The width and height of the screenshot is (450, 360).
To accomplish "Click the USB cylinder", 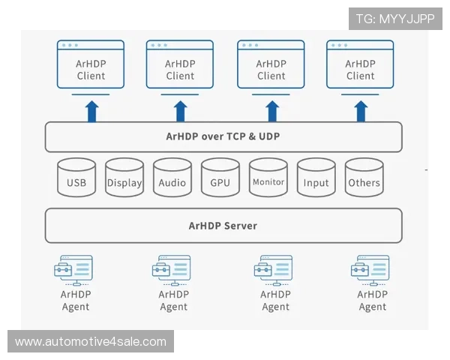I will pyautogui.click(x=76, y=178).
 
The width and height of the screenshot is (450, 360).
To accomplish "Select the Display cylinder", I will pyautogui.click(x=124, y=178).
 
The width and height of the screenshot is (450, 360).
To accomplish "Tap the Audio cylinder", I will pyautogui.click(x=172, y=178).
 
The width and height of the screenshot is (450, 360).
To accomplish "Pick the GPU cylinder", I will pyautogui.click(x=220, y=178).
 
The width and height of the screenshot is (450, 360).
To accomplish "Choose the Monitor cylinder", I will pyautogui.click(x=268, y=178).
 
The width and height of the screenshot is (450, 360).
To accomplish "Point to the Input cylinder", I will pyautogui.click(x=316, y=178).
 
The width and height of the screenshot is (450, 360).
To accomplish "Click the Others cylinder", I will pyautogui.click(x=364, y=178).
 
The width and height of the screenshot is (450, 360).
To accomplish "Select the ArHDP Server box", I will pyautogui.click(x=223, y=226).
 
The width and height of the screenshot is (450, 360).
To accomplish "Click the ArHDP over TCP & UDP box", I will pyautogui.click(x=223, y=137).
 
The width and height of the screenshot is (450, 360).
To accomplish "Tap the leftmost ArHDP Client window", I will pyautogui.click(x=91, y=66).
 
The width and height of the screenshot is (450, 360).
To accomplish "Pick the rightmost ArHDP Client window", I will pyautogui.click(x=360, y=66).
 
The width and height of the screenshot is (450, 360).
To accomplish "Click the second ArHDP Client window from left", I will pyautogui.click(x=180, y=66).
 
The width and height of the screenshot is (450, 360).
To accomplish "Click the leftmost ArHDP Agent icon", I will pyautogui.click(x=75, y=269).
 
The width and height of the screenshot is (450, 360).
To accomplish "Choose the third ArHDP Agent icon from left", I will pyautogui.click(x=274, y=269).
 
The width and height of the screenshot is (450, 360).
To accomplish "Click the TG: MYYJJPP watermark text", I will pyautogui.click(x=395, y=19).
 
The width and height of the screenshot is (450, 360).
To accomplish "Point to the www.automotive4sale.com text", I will pyautogui.click(x=90, y=342).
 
